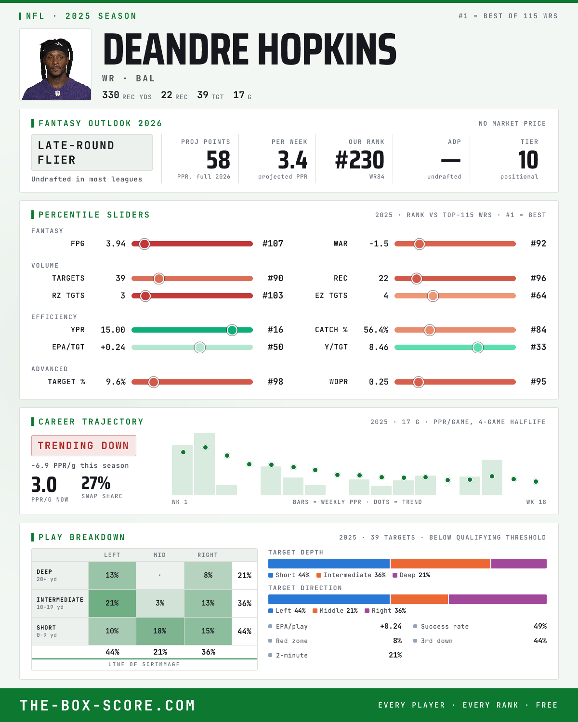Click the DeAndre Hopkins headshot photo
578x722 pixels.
(55, 64)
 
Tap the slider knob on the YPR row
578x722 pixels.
(232, 330)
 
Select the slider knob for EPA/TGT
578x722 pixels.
(200, 347)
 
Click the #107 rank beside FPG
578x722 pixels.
(272, 244)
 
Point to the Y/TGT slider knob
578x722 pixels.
(478, 347)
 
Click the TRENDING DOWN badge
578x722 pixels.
(84, 446)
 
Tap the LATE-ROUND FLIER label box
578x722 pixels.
(92, 153)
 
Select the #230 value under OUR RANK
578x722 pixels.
(359, 160)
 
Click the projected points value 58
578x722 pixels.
(218, 160)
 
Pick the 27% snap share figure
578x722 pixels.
(96, 483)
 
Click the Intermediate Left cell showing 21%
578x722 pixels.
(112, 603)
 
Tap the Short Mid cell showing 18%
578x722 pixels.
(160, 631)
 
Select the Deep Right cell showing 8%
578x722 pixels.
(208, 575)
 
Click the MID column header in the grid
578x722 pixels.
(159, 555)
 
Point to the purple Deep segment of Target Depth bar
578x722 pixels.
(519, 564)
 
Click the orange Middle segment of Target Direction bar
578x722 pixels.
(419, 599)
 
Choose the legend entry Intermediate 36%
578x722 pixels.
(351, 575)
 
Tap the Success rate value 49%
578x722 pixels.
(540, 626)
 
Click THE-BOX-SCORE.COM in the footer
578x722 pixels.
(107, 705)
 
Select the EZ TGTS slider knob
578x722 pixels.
(433, 296)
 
